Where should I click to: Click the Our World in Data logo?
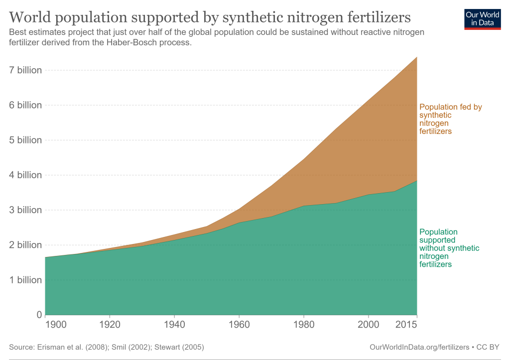coord(482,18)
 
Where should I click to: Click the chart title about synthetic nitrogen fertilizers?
coord(210,18)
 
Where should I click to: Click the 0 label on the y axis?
coord(38,315)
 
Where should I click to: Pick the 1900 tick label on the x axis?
coord(55,325)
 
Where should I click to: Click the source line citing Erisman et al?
coord(107,347)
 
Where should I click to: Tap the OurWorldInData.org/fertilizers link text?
coord(419,347)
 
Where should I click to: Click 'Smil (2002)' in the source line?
coord(131,347)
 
